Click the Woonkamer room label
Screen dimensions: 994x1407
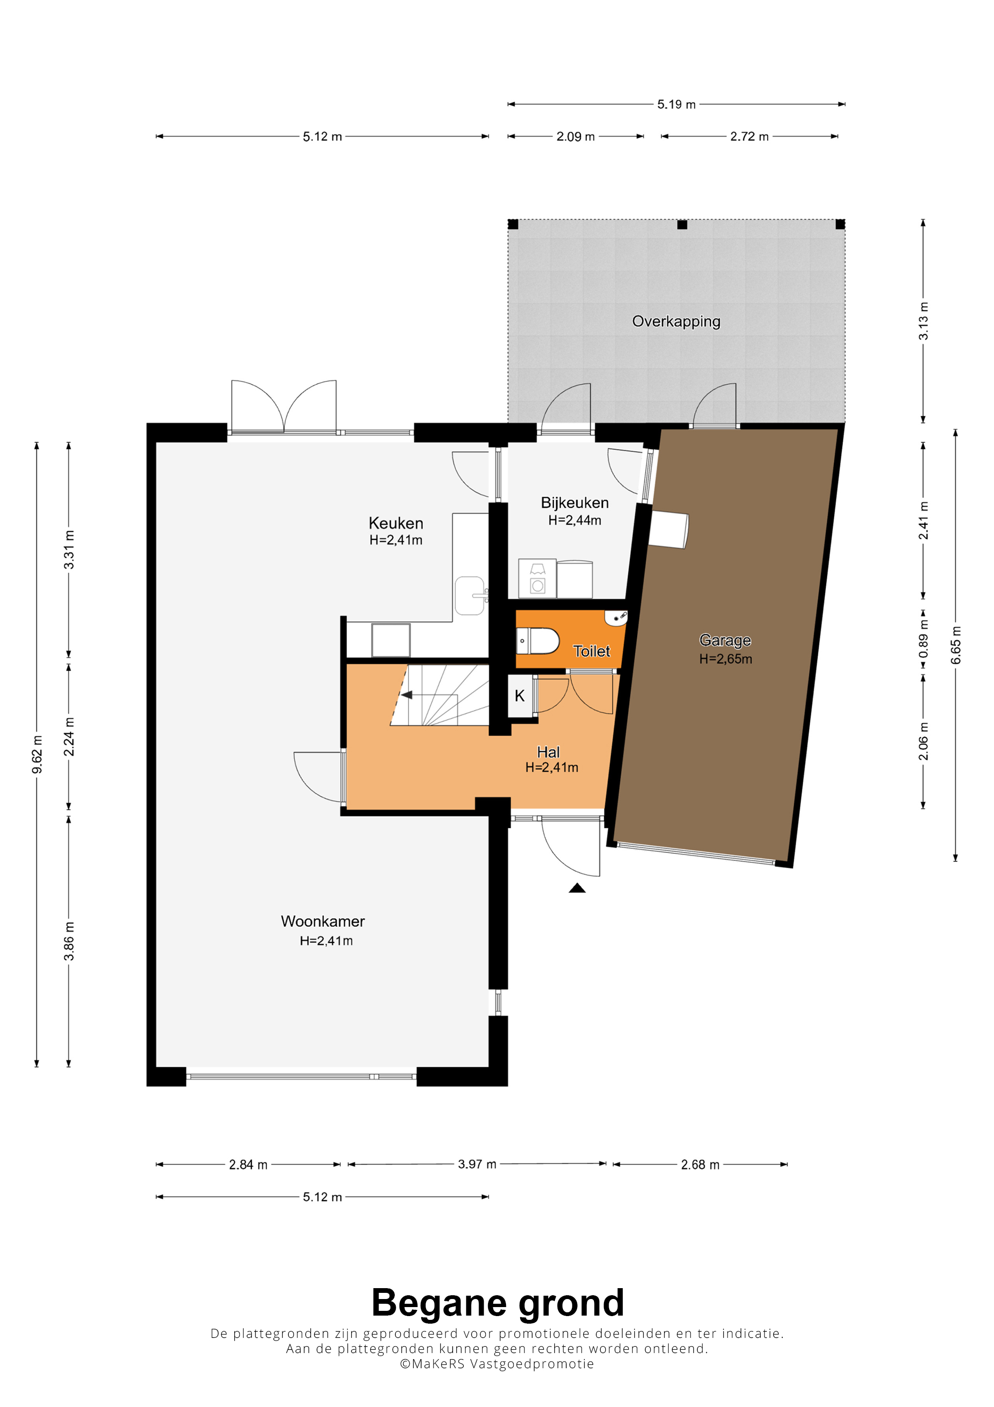point(323,921)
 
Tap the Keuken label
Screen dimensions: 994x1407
point(396,523)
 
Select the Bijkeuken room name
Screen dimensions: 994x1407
point(575,502)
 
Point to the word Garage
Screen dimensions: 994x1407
point(725,640)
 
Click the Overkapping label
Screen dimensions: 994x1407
point(676,321)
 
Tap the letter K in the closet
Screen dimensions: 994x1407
point(519,696)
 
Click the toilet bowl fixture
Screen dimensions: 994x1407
point(538,640)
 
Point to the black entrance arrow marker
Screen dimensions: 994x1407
point(577,887)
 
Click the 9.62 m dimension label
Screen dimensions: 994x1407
point(37,754)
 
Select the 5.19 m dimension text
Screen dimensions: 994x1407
point(676,104)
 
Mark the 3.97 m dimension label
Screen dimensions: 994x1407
point(477,1164)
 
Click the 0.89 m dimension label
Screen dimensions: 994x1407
point(923,638)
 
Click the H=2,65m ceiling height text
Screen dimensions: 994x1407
point(726,659)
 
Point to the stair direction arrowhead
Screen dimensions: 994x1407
point(406,695)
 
